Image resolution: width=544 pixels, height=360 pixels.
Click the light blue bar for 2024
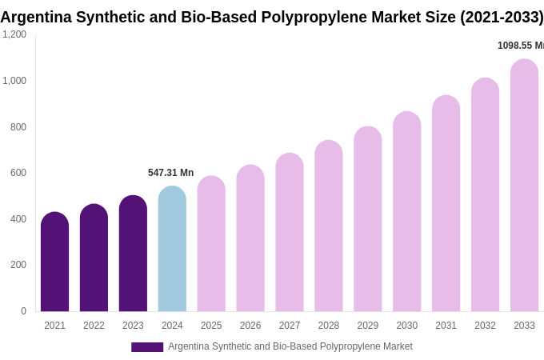point(172,249)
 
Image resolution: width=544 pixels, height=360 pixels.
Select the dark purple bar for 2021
point(54,262)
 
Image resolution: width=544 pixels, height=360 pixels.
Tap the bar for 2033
point(524,186)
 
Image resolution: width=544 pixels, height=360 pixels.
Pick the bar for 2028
point(329,226)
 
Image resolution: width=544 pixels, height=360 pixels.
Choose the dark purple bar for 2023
point(133,254)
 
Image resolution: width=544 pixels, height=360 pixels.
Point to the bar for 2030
point(406,211)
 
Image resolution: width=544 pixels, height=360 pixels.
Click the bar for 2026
point(250,238)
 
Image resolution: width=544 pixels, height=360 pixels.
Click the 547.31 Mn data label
point(170,173)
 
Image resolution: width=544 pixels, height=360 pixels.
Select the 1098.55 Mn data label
point(520,46)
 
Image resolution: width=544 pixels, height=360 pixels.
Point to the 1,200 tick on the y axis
point(14,34)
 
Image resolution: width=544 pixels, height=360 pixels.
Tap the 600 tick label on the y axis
point(18,173)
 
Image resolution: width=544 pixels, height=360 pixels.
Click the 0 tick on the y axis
point(23,311)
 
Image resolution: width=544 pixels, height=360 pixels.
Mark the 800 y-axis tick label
point(18,127)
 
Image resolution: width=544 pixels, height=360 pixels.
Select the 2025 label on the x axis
point(211,326)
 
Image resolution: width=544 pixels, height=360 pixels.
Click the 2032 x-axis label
point(485,326)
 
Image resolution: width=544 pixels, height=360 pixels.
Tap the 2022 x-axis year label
point(94,326)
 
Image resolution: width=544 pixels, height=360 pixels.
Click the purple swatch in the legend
point(147,347)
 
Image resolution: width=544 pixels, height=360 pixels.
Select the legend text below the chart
point(290,346)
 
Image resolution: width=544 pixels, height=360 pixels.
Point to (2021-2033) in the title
point(502,17)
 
